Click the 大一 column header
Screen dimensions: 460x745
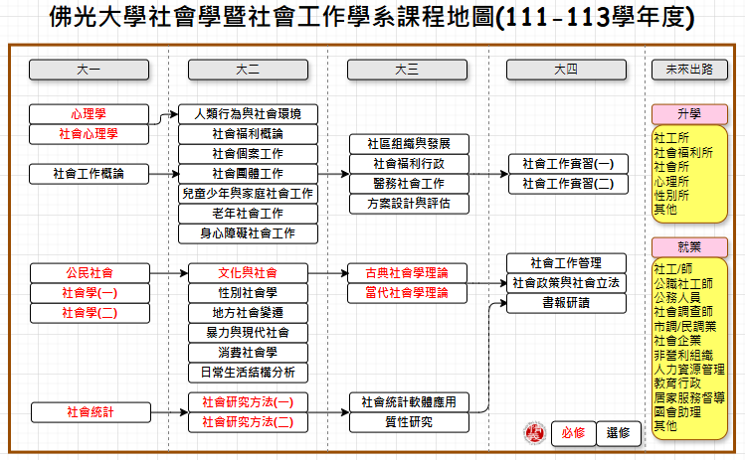[89, 70]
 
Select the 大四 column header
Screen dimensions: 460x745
[566, 70]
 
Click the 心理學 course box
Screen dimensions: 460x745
[89, 113]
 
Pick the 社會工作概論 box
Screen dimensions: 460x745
[89, 173]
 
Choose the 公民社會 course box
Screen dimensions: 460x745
[89, 272]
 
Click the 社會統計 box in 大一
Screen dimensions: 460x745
[89, 411]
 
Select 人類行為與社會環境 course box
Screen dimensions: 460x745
[248, 113]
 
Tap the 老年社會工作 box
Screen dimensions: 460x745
[248, 213]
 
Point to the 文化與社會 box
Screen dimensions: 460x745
[248, 272]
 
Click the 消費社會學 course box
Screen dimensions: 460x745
[248, 352]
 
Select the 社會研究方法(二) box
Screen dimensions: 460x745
[248, 422]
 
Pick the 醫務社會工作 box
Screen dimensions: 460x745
[408, 183]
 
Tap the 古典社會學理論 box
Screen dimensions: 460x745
[408, 272]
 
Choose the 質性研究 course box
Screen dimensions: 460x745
[408, 422]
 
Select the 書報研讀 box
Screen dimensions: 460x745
[566, 303]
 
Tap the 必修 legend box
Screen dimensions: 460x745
[572, 433]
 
